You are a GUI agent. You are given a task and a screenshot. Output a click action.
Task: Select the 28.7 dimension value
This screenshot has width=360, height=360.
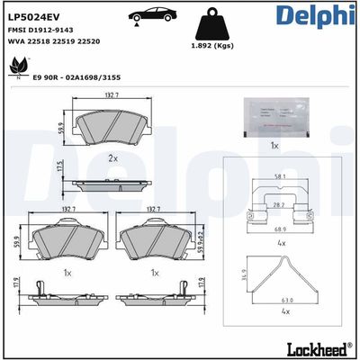[279, 206]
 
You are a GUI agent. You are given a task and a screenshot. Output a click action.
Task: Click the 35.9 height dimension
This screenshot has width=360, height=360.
[244, 278]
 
